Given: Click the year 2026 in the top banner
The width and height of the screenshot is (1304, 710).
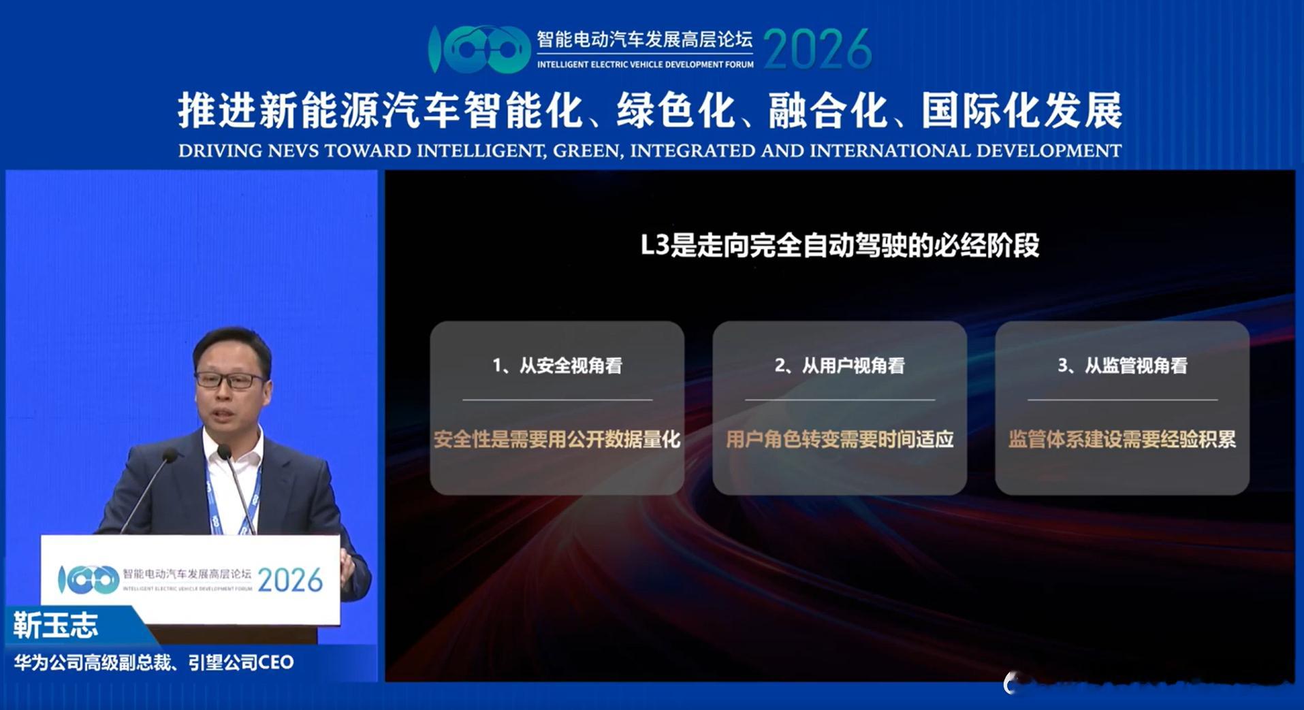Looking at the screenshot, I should coord(817,49).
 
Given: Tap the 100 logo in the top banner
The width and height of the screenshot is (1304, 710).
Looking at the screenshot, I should coord(479,49).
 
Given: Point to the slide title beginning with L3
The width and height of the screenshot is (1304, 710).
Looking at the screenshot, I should coord(840,246).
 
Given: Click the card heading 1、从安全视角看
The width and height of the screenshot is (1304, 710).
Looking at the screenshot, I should coord(557,366).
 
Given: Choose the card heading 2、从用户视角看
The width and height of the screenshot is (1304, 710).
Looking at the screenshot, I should coord(840,366).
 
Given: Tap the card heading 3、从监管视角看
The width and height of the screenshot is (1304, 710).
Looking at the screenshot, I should coord(1122,366).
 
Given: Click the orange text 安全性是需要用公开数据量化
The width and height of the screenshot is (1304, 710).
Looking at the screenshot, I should coord(557,440).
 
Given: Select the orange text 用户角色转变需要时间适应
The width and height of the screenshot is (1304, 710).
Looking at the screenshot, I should coord(840,440).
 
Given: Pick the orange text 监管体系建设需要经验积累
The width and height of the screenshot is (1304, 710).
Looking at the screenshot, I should coord(1122,440).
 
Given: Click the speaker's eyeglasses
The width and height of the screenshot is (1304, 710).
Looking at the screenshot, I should coord(229,380).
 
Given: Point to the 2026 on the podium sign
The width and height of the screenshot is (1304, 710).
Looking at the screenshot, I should coord(290,581).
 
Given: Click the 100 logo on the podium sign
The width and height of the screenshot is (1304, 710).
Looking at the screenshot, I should coord(89,580).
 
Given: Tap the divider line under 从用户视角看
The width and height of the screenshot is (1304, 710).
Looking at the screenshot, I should coord(840,400).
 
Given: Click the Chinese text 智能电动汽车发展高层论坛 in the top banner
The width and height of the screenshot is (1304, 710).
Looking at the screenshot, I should coord(644,39).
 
